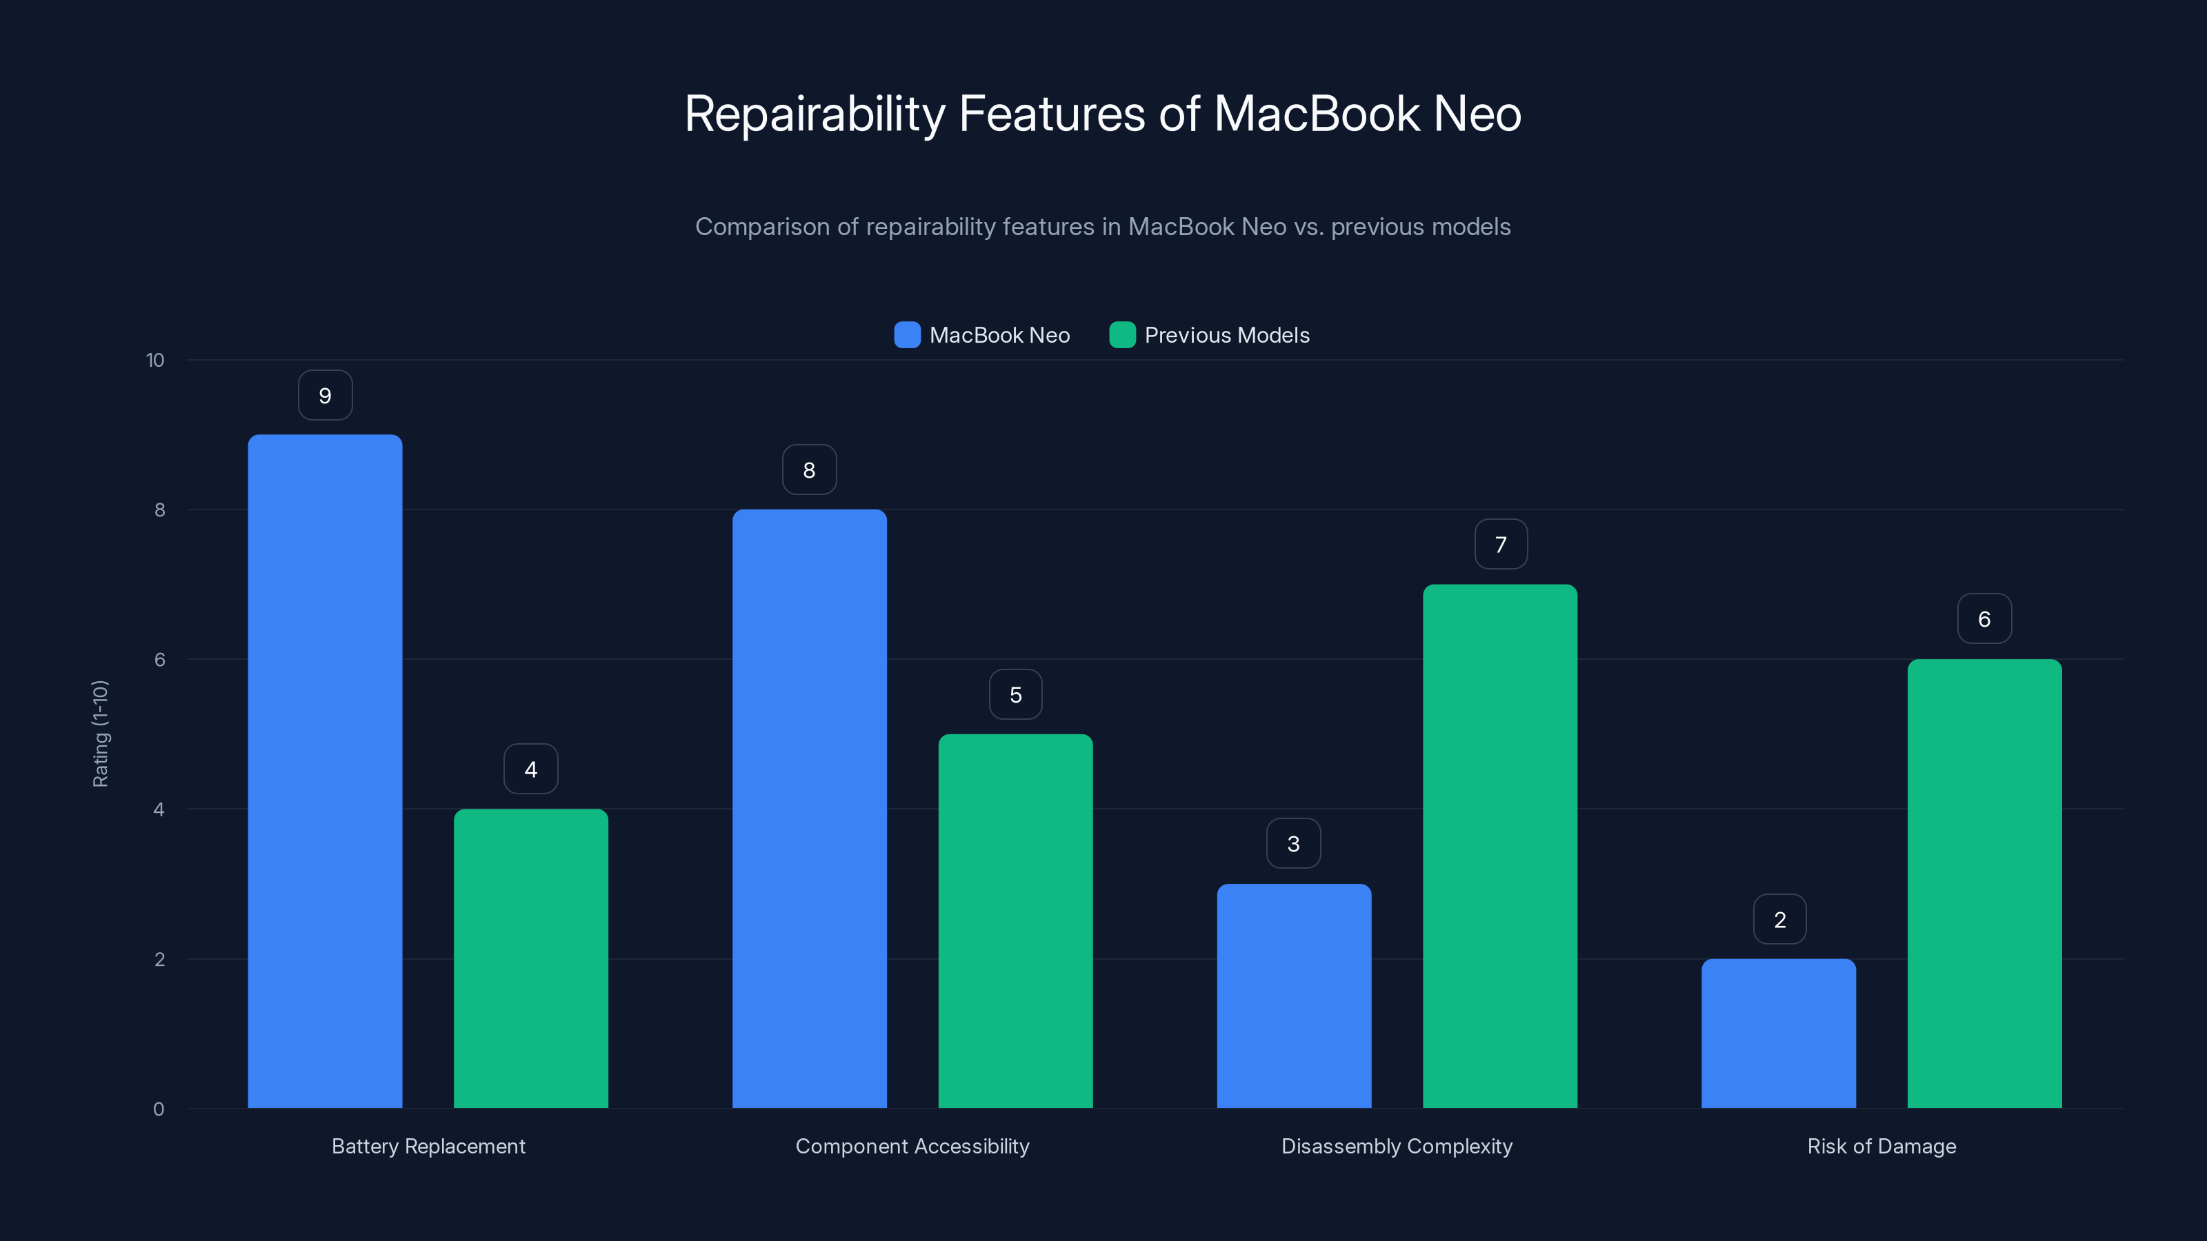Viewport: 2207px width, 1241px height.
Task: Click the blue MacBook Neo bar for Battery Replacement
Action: tap(325, 771)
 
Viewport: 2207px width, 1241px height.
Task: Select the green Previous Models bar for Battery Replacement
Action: tap(530, 958)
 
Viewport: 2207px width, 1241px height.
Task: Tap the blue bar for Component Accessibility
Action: tap(809, 809)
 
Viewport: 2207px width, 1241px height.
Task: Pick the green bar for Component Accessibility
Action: tap(1015, 920)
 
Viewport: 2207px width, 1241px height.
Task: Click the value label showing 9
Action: tap(325, 396)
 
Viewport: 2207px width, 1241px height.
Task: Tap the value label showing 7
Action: tap(1500, 545)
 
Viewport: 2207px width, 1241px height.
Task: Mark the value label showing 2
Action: tap(1779, 920)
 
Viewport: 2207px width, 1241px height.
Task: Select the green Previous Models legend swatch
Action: tap(1122, 335)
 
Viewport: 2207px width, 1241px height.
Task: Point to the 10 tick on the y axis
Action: tap(155, 361)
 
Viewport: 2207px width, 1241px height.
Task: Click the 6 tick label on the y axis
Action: tap(159, 660)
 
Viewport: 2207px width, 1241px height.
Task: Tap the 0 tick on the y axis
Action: tap(159, 1109)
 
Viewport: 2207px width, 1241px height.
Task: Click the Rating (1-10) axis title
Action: tap(100, 734)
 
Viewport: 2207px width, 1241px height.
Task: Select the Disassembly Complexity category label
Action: tap(1397, 1146)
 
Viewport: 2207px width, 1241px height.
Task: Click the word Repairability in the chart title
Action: tap(814, 114)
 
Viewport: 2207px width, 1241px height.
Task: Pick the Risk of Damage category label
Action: tap(1881, 1146)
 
